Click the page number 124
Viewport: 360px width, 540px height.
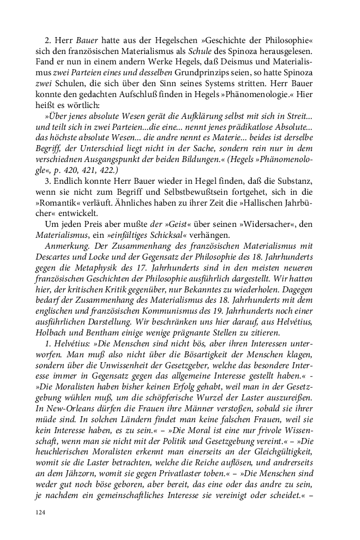[39, 512]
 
